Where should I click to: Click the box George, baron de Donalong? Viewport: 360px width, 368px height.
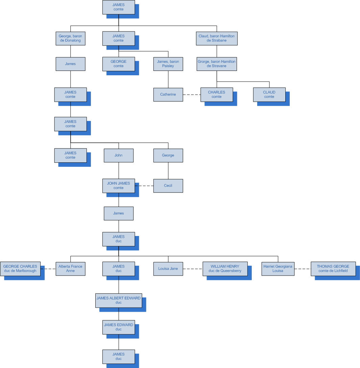70,38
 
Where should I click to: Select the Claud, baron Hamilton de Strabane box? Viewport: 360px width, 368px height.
217,38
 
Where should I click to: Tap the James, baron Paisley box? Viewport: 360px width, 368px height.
168,64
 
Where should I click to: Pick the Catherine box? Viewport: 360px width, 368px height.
168,95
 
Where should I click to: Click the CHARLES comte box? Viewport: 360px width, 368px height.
217,95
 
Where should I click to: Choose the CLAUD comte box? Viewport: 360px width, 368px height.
269,95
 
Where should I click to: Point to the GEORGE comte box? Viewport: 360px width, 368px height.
119,64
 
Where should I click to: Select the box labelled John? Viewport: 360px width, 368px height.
119,155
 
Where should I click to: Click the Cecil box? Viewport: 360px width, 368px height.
168,186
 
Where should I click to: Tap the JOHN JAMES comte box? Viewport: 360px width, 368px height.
119,186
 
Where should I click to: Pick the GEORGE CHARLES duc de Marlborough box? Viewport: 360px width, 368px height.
20,269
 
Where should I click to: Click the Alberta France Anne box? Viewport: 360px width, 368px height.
70,269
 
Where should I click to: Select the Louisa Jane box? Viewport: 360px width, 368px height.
168,269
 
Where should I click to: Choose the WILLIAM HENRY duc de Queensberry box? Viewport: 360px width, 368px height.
225,269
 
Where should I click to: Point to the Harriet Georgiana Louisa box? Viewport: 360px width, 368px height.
278,269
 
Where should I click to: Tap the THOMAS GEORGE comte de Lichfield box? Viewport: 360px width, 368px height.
333,269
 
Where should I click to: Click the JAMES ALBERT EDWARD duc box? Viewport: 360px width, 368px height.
119,300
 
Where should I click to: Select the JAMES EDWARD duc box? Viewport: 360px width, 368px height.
119,327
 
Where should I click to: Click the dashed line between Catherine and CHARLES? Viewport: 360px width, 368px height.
192,95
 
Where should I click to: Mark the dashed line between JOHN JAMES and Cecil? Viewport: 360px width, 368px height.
144,186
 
